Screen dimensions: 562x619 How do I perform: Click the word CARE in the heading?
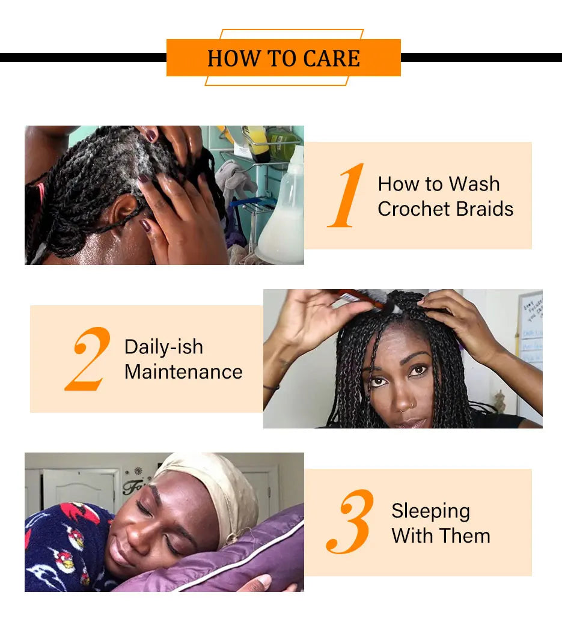click(x=332, y=58)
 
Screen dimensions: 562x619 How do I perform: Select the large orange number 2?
click(x=87, y=359)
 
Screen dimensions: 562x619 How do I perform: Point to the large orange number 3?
click(x=350, y=521)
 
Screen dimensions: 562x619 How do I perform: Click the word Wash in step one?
click(x=474, y=184)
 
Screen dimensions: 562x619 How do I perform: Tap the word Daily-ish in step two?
click(x=164, y=347)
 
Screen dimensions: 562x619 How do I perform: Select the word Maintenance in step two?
click(x=183, y=372)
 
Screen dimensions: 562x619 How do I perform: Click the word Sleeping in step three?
click(x=431, y=511)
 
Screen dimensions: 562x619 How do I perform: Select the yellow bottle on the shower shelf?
click(x=257, y=143)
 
